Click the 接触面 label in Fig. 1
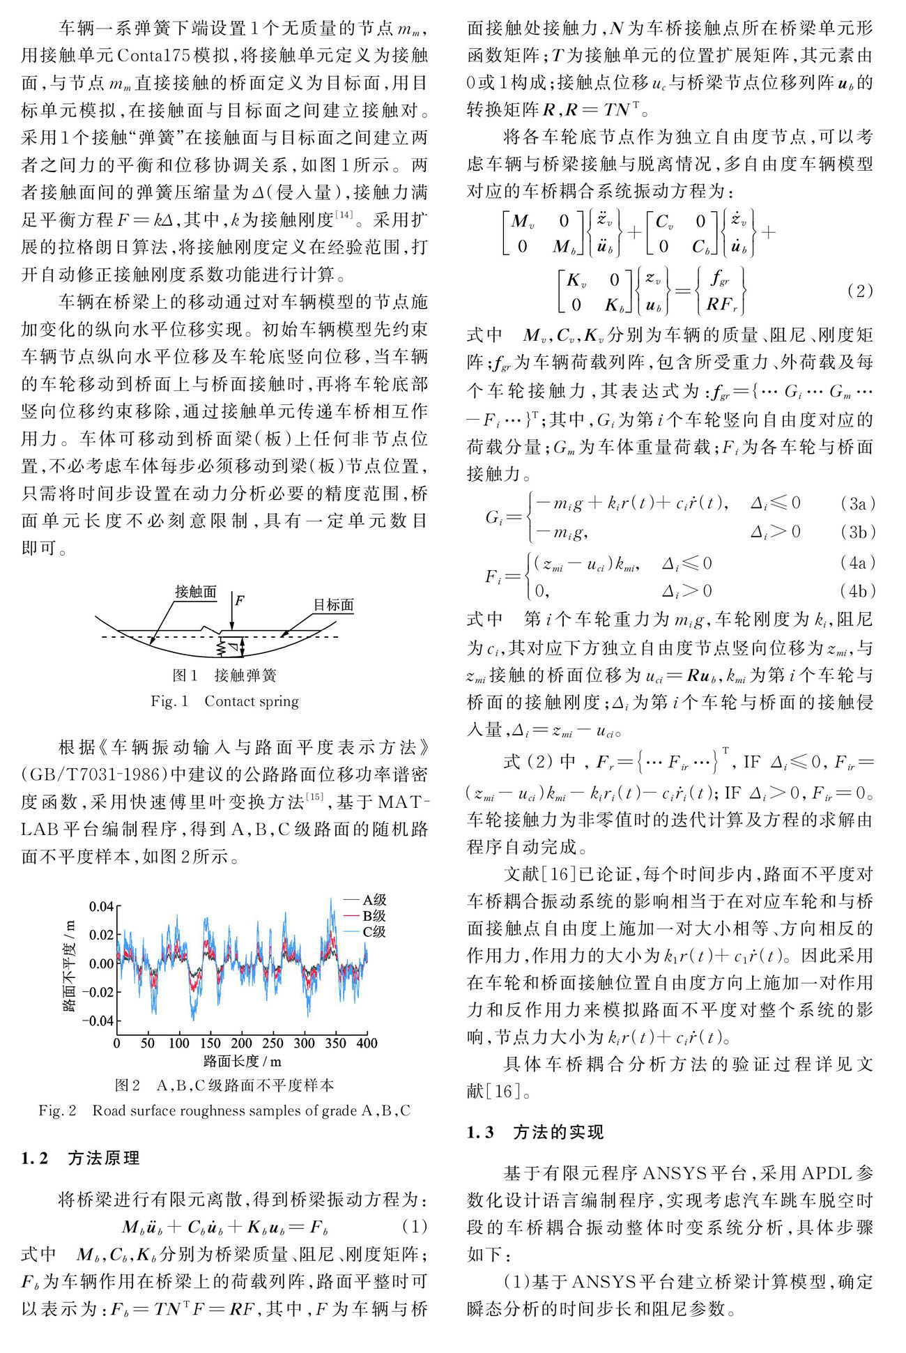coord(195,592)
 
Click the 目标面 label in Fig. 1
coord(333,604)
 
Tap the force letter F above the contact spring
coord(240,599)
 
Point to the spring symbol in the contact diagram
coord(222,648)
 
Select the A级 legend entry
coord(374,900)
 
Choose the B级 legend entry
coord(374,916)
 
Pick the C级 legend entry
coord(374,932)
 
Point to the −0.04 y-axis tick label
coord(95,1021)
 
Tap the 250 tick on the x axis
coord(272,1044)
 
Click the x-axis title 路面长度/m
coord(243,1062)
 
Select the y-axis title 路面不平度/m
coord(69,965)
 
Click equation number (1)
coord(415,1226)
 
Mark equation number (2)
coord(859,291)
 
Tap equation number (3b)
coord(858,532)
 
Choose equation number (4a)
coord(858,563)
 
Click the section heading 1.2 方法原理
coord(80,1158)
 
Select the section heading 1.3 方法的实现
coord(535,1132)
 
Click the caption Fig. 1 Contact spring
coord(224,701)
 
